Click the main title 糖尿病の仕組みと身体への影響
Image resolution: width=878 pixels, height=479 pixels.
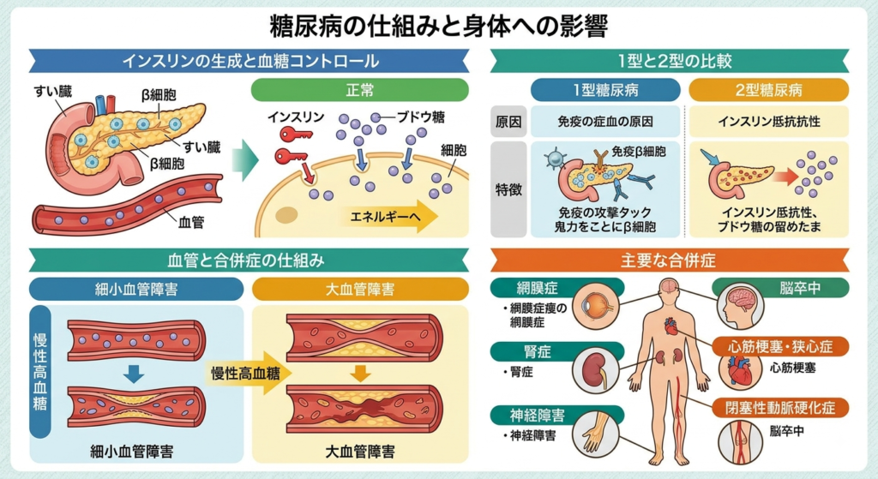point(439,25)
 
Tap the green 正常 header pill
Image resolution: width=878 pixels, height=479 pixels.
point(359,90)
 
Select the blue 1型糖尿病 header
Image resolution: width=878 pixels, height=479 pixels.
point(605,90)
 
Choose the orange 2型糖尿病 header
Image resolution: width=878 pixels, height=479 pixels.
point(769,90)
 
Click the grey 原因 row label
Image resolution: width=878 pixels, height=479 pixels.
point(508,122)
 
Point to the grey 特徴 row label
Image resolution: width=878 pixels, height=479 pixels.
point(508,189)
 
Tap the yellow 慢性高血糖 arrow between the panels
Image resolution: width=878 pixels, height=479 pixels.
point(250,373)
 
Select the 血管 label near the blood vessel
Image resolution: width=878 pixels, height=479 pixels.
point(191,222)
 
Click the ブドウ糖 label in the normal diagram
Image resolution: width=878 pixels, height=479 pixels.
point(420,117)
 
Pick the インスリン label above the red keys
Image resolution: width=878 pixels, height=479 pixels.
point(296,117)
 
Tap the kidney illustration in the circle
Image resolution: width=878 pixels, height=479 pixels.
point(595,369)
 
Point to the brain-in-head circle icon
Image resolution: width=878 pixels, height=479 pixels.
point(740,305)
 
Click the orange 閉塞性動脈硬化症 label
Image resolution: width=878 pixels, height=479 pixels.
point(780,407)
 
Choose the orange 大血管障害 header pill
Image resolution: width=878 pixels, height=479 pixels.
point(360,290)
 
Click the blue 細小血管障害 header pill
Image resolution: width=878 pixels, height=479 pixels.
point(136,290)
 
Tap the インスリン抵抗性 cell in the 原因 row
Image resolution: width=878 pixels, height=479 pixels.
point(769,122)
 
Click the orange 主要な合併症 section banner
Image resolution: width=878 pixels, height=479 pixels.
point(670,260)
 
